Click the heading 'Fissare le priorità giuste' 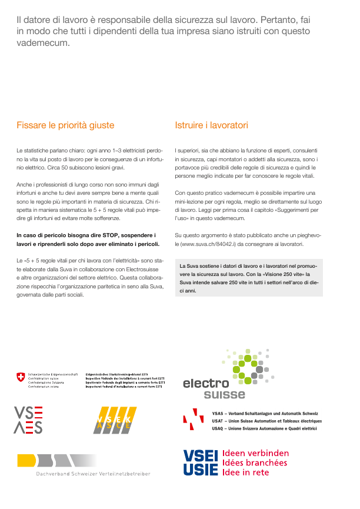tap(65, 125)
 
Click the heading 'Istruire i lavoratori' tap(211, 125)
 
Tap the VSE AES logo tap(28, 420)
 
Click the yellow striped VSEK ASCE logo tap(115, 420)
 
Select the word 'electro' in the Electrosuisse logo tap(205, 384)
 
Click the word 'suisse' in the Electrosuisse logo tap(224, 394)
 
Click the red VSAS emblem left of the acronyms tap(193, 418)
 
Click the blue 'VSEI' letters tap(201, 455)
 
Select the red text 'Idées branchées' tap(254, 463)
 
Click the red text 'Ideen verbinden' tap(255, 454)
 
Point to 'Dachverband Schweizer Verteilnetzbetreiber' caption tap(93, 474)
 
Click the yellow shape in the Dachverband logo tap(27, 460)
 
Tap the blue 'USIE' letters tap(201, 468)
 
